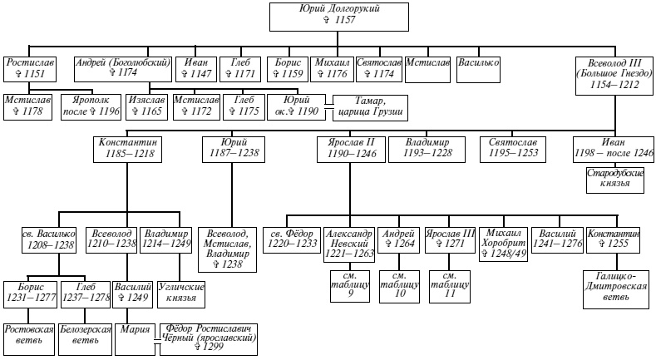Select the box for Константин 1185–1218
[126, 149]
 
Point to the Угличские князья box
[180, 293]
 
